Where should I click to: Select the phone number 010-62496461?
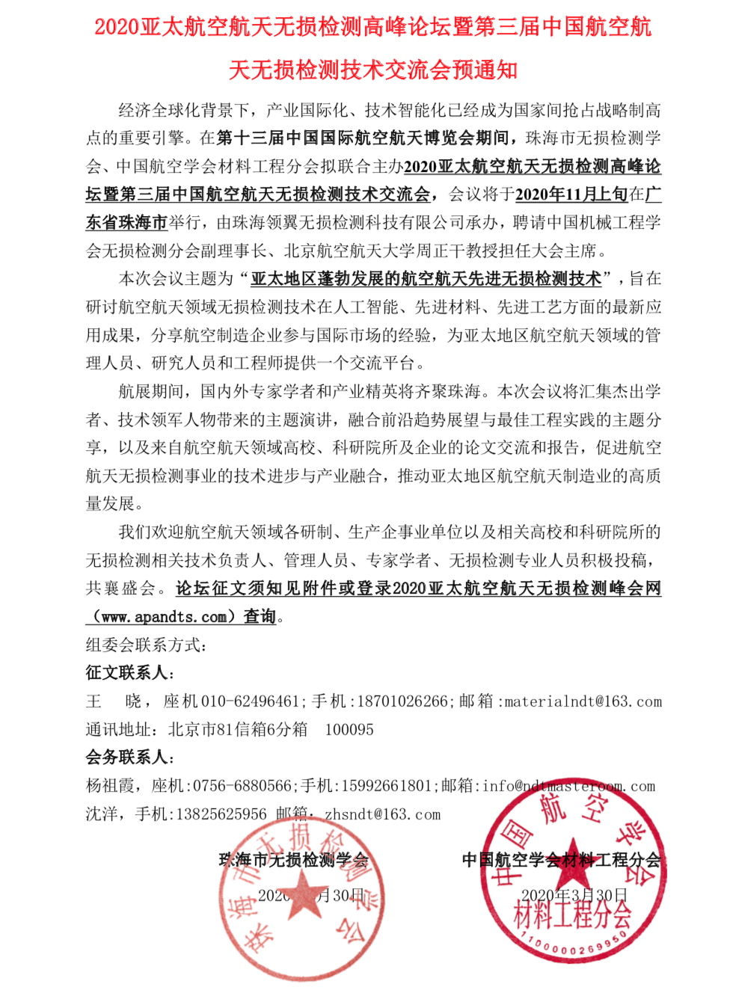click(x=251, y=701)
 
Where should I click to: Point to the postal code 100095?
click(x=349, y=730)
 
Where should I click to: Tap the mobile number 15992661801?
click(x=387, y=786)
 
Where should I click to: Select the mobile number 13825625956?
click(x=221, y=814)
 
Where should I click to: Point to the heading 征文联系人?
click(x=126, y=673)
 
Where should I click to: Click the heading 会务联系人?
click(x=126, y=757)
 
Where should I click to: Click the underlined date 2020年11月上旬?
click(x=571, y=194)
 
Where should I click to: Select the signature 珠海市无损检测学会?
click(x=293, y=860)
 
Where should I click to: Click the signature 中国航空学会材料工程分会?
click(x=561, y=860)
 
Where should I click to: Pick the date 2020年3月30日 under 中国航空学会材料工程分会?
click(x=574, y=895)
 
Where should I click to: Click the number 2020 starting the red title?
click(x=117, y=27)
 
